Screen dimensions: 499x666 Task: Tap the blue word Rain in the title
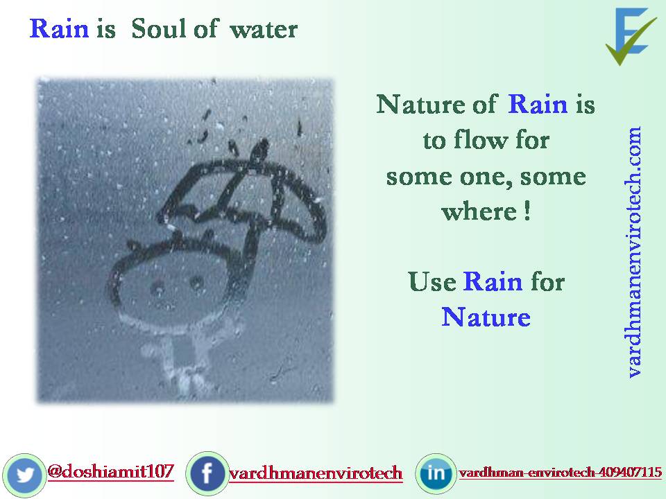pos(59,29)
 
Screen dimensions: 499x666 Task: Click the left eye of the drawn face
pos(158,286)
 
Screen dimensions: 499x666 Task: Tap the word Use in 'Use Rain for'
pos(432,282)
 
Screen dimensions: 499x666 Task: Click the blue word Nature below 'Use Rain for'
pos(486,317)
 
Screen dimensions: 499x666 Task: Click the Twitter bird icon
pos(26,474)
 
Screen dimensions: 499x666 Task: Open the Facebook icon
pos(207,474)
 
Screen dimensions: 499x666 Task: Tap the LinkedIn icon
pos(436,474)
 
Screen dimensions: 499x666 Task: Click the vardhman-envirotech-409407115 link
pos(560,473)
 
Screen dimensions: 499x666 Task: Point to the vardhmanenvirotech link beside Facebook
pos(316,474)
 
